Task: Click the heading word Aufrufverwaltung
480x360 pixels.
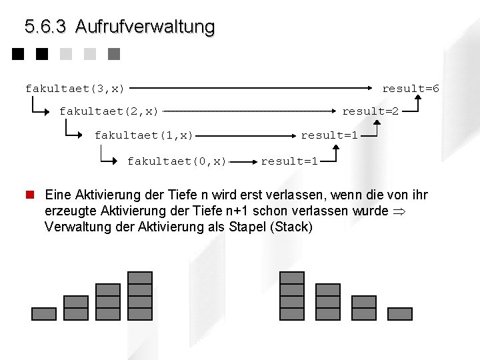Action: tap(145, 27)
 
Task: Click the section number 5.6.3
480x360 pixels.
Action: tap(45, 27)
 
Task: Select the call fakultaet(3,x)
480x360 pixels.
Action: tap(75, 88)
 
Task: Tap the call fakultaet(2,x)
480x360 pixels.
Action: tap(109, 111)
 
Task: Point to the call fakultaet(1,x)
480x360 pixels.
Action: tap(143, 135)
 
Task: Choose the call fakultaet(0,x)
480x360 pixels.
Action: tap(177, 161)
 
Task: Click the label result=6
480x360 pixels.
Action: tap(411, 88)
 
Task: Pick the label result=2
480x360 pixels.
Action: tap(371, 111)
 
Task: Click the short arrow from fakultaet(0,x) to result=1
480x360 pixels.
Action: tap(244, 161)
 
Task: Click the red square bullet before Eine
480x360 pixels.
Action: tap(29, 195)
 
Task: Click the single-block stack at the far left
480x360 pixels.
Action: tap(44, 313)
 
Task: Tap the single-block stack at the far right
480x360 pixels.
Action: tap(400, 313)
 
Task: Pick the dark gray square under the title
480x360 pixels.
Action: tap(113, 54)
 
